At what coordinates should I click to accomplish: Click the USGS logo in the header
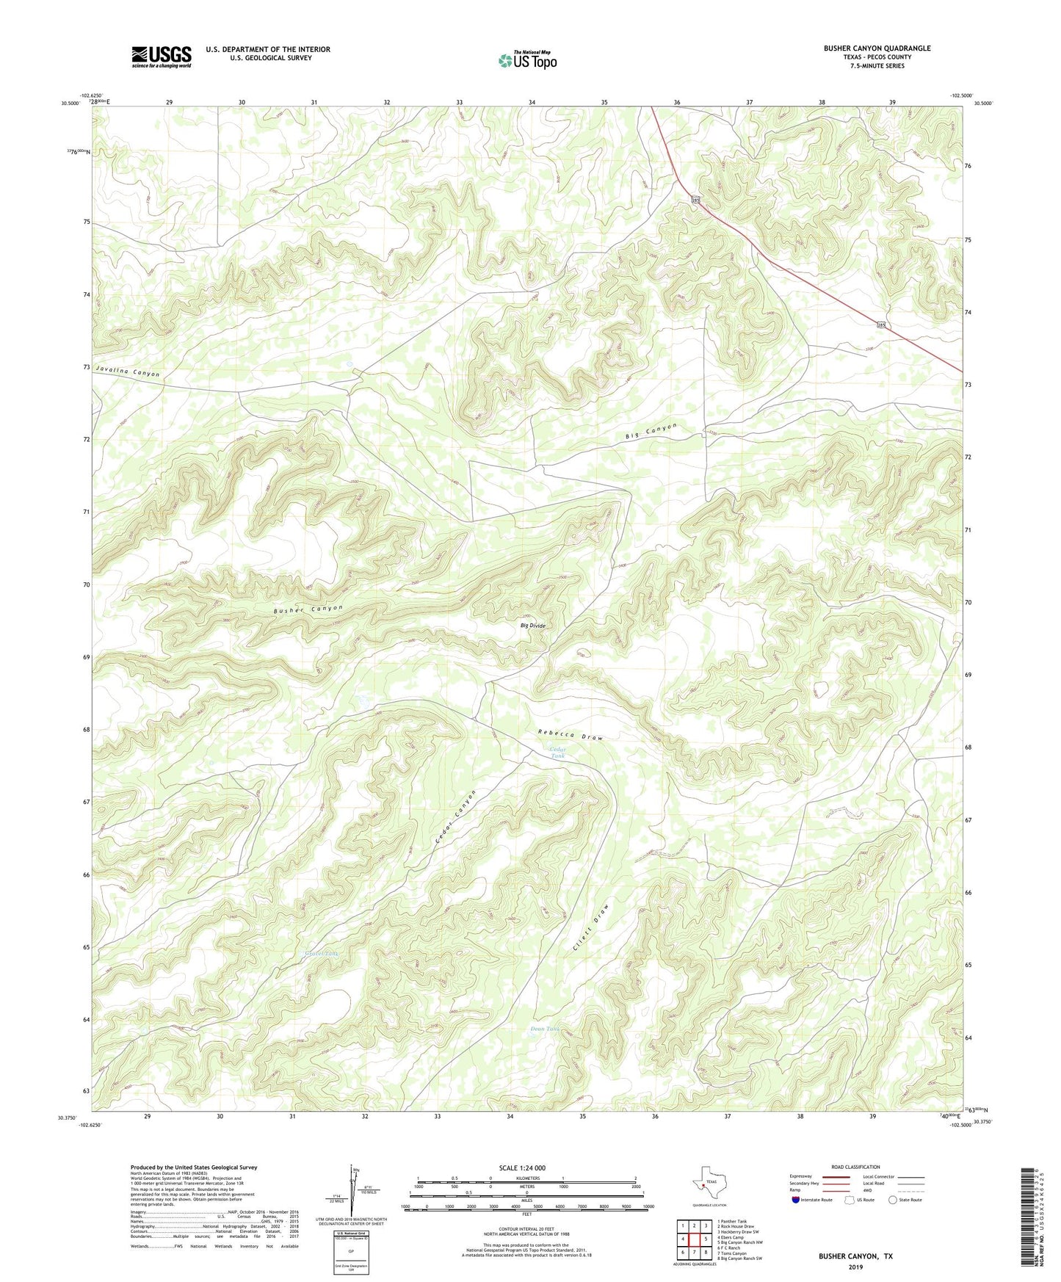[162, 57]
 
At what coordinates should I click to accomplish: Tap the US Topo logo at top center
[526, 60]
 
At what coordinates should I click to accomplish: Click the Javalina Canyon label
[127, 373]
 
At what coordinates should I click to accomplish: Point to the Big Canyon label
[651, 432]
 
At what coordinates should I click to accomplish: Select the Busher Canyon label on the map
[308, 609]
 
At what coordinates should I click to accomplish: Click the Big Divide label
[533, 626]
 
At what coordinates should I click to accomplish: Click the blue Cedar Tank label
[559, 753]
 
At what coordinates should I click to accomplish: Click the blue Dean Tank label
[546, 1029]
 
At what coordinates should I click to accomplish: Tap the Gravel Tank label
[322, 954]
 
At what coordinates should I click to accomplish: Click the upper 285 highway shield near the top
[696, 200]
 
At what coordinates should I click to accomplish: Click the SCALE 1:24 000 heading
[522, 1167]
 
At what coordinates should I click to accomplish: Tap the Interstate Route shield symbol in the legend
[797, 1200]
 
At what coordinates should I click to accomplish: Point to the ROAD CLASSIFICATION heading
[856, 1167]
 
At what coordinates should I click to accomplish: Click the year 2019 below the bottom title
[855, 1267]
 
